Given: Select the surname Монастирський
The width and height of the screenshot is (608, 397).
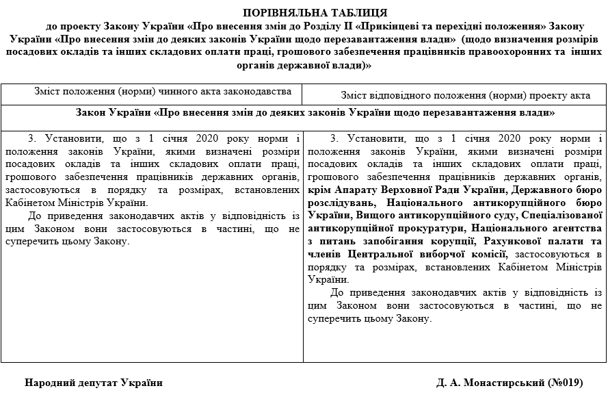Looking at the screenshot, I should (504, 382).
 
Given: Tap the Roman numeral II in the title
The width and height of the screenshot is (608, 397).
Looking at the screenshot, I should (345, 27).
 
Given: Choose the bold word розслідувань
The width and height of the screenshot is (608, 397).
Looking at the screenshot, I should (343, 203).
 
